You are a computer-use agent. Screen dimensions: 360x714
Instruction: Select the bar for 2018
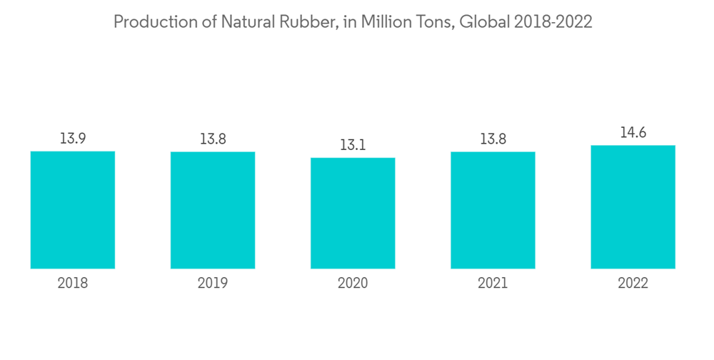coord(73,210)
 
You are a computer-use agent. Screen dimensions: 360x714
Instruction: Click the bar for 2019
coord(213,210)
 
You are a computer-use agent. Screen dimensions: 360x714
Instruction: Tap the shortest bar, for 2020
coord(353,213)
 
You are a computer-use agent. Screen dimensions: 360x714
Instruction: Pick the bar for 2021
coord(493,210)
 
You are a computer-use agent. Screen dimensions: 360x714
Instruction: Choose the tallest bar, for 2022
coord(633,207)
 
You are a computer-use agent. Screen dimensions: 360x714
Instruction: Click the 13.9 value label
coord(73,139)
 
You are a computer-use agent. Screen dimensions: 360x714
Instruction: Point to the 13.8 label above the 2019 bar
coord(213,139)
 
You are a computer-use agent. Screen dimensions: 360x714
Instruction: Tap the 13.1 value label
coord(353,145)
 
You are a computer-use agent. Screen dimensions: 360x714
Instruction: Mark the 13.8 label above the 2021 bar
coord(493,139)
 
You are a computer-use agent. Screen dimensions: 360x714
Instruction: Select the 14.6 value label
coord(633,133)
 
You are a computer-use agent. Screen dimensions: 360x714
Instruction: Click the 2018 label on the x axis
coord(73,284)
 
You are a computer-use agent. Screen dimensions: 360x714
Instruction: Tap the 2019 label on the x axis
coord(213,284)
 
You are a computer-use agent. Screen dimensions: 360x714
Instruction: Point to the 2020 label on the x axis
coord(353,284)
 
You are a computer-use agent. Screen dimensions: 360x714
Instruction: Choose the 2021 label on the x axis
coord(493,284)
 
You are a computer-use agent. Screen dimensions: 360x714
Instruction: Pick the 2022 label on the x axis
coord(633,284)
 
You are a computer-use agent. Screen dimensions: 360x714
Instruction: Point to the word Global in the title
coord(483,22)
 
